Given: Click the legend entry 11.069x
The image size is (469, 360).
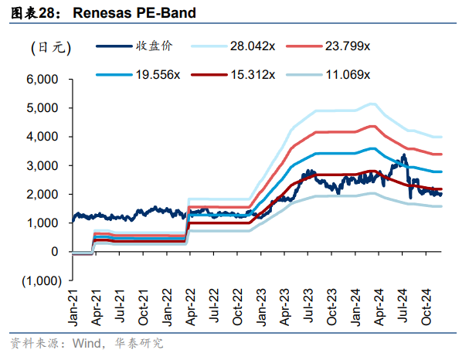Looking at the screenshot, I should click(x=348, y=75).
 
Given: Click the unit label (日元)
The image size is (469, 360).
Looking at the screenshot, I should click(x=51, y=48).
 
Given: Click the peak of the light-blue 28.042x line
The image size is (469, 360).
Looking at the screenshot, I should click(x=373, y=104).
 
